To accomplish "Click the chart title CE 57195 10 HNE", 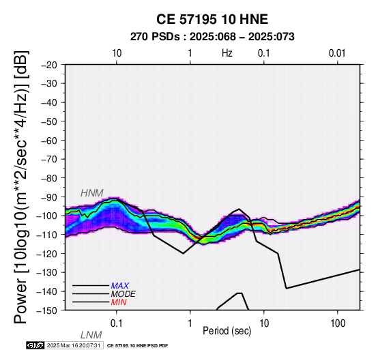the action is pos(212,19).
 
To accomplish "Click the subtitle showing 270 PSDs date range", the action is pos(212,37).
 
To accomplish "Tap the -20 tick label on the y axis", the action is pos(49,65).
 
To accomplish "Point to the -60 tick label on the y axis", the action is pos(49,141).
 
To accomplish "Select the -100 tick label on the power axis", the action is pos(46,216).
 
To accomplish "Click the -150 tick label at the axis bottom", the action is pos(46,310).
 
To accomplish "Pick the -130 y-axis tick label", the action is pos(46,272).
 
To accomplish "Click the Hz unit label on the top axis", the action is pos(227,53).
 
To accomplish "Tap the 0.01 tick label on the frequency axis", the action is pos(337,53).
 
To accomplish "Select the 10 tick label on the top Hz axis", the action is pos(117,53).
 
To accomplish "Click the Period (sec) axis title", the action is pos(227,331).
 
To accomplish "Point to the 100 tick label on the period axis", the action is pos(338,323).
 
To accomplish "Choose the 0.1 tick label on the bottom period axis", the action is pos(117,323).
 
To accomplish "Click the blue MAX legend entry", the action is pos(120,286).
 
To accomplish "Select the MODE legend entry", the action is pos(123,294).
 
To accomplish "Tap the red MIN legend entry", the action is pos(119,302).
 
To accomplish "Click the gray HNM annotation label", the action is pos(92,193).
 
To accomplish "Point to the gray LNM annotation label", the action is pos(91,335).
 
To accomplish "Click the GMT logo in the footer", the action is pos(35,345).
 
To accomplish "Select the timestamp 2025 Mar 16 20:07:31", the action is pos(74,345).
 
